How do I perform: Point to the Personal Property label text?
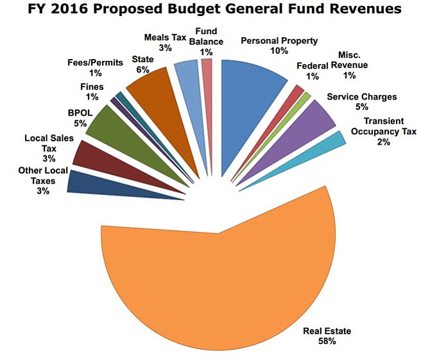279,41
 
